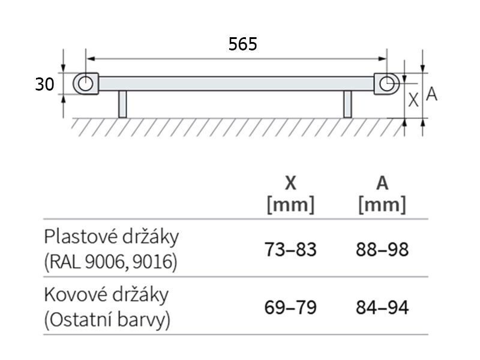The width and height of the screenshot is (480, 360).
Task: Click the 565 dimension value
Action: pos(242,44)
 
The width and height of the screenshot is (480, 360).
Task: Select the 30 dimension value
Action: pos(44,84)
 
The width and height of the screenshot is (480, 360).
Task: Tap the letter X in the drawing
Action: pos(413,100)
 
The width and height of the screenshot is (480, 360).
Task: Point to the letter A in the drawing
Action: pos(431,94)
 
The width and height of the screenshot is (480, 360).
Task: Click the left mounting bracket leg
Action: pos(122,104)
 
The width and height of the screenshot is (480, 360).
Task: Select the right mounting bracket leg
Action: pos(347,104)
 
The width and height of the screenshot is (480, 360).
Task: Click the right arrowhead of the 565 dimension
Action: pos(382,59)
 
